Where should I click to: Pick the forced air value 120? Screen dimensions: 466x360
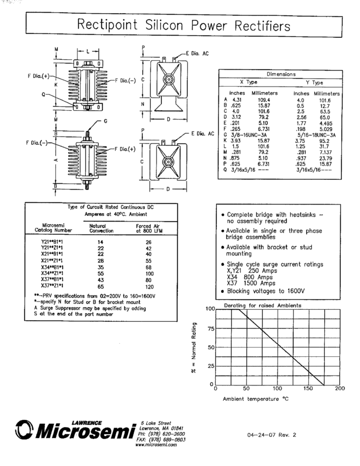point(147,286)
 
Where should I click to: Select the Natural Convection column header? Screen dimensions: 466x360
point(101,228)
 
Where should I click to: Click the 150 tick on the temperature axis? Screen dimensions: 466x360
point(308,388)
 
